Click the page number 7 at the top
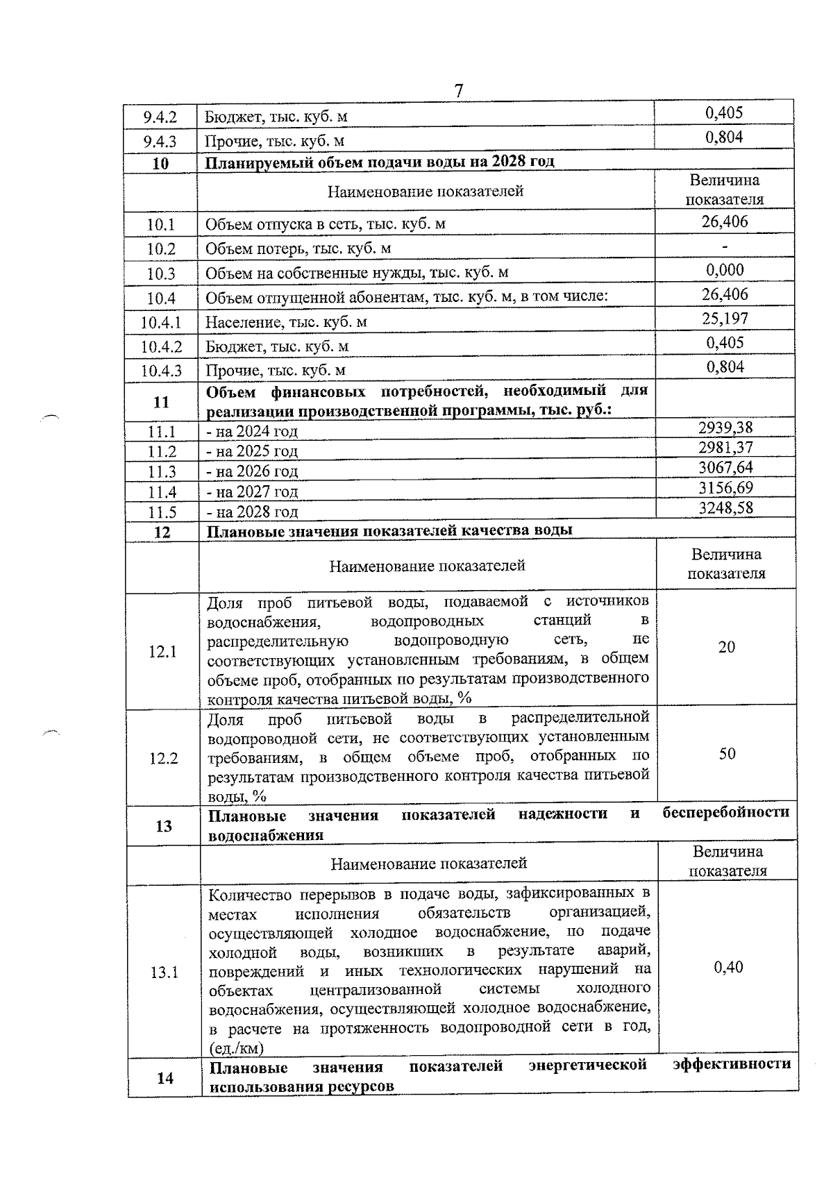(458, 91)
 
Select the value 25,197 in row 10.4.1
(725, 319)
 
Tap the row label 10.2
(161, 249)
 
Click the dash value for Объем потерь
(725, 247)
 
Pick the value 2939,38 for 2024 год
(725, 428)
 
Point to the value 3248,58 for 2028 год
(725, 508)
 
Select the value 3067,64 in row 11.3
(725, 468)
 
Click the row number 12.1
(162, 651)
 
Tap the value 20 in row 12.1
(726, 647)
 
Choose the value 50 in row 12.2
(727, 754)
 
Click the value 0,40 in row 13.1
(728, 967)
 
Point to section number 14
(165, 1078)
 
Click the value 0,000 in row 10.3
(725, 270)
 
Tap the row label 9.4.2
(160, 117)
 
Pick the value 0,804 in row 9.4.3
(724, 137)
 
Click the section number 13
(164, 825)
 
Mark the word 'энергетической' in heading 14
(587, 1065)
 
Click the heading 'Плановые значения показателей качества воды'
(390, 531)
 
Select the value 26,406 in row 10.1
(725, 222)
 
